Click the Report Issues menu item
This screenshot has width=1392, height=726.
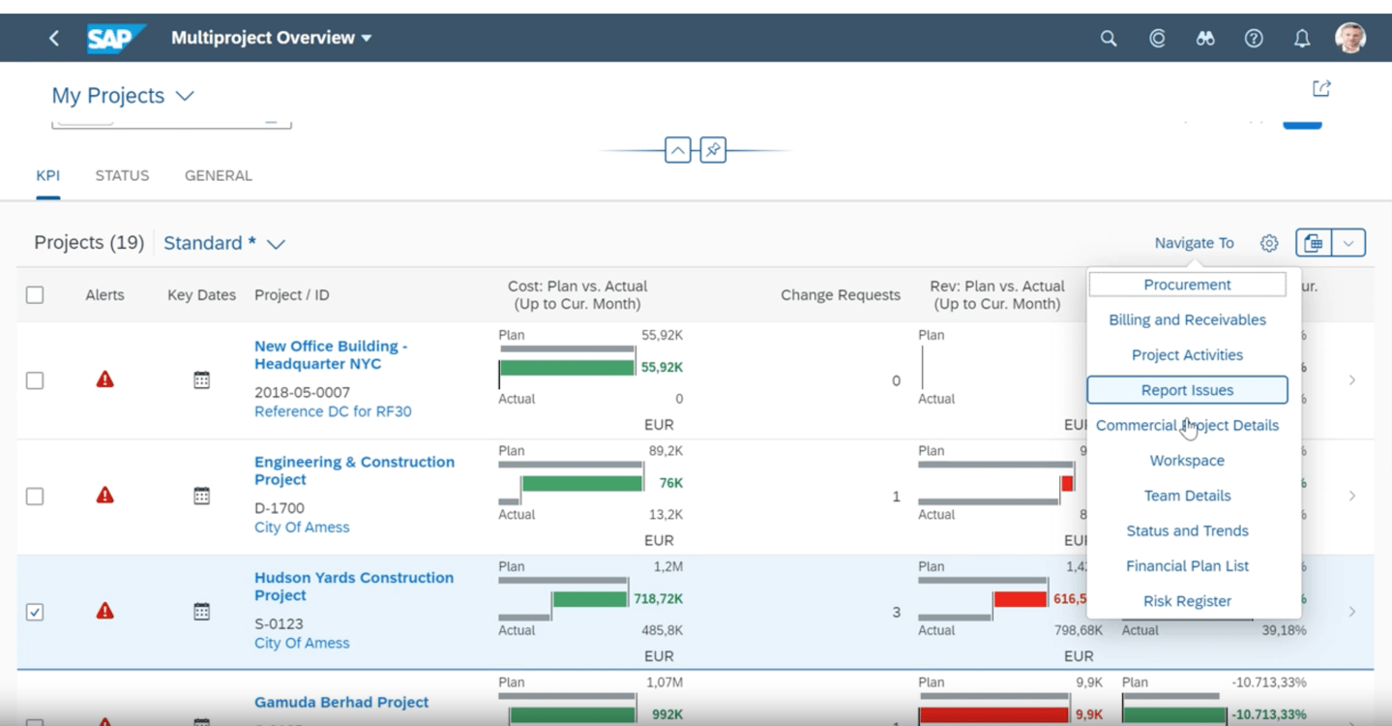click(1187, 390)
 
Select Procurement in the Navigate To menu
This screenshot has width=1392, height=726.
click(1187, 285)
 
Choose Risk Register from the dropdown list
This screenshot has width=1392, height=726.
click(1187, 601)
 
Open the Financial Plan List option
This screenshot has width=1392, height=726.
click(1187, 566)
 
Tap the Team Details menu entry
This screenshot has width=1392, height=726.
click(1187, 496)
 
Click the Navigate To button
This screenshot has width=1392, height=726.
click(1194, 243)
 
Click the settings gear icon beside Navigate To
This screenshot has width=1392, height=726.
click(1269, 243)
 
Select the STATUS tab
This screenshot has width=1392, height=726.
click(122, 176)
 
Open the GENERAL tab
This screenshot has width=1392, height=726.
click(219, 176)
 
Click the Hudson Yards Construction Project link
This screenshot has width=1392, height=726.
click(353, 587)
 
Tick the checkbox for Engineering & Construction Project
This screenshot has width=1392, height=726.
click(35, 497)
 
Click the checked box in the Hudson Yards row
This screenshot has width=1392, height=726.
click(35, 612)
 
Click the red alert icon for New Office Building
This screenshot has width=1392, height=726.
click(105, 379)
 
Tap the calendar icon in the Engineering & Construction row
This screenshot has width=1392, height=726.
click(201, 497)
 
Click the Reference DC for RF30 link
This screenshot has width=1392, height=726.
click(333, 411)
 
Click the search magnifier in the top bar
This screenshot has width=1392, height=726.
click(1109, 39)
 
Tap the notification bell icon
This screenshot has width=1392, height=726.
click(1302, 39)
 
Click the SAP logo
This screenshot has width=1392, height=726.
click(115, 39)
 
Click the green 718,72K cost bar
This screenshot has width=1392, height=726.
click(589, 599)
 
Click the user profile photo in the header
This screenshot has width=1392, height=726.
click(1350, 38)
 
